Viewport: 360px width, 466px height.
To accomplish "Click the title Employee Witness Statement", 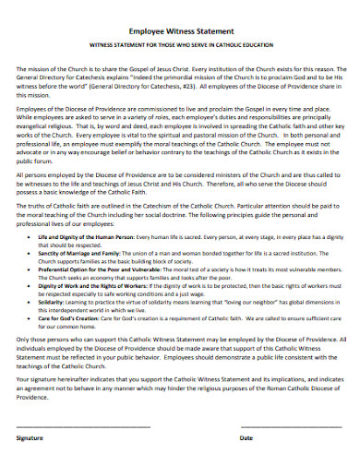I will click(x=180, y=30).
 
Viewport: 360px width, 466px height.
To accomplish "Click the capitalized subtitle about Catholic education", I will click(x=180, y=44).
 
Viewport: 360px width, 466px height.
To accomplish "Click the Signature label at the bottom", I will click(x=31, y=438).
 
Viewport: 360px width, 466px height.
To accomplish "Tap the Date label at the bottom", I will click(x=246, y=438).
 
